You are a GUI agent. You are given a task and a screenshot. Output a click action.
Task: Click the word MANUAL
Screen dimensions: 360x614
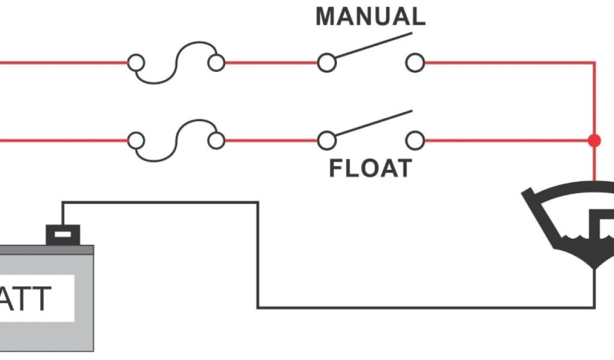point(370,16)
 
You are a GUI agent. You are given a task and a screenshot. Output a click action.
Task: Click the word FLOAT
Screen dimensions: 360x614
point(370,168)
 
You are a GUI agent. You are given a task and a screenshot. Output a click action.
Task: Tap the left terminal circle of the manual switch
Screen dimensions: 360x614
point(326,62)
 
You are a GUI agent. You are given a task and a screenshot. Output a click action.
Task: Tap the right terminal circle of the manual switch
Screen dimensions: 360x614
point(414,62)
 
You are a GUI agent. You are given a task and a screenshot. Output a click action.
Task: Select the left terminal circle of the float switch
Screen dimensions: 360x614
point(326,141)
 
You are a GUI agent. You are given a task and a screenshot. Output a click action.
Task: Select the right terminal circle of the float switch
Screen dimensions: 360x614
point(414,141)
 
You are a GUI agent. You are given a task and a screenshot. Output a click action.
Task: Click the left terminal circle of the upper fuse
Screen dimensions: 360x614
point(136,62)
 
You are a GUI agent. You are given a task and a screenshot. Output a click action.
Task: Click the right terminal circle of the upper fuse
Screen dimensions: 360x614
point(216,62)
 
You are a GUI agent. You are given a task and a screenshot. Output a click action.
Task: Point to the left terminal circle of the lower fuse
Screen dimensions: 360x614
point(136,141)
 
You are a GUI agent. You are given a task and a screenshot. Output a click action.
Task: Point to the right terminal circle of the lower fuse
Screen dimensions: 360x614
point(216,141)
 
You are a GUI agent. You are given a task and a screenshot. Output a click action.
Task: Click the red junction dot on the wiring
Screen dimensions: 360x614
point(594,141)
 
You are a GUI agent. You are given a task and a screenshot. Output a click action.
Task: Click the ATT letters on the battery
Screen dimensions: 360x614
point(27,298)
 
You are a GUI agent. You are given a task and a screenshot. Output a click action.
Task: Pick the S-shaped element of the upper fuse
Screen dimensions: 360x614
point(176,62)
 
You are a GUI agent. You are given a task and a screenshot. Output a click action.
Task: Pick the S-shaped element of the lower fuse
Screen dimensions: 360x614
point(176,141)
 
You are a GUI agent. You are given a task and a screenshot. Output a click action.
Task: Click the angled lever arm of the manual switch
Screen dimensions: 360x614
point(372,46)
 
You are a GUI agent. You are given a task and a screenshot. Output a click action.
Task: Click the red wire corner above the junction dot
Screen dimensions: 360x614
point(594,62)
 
